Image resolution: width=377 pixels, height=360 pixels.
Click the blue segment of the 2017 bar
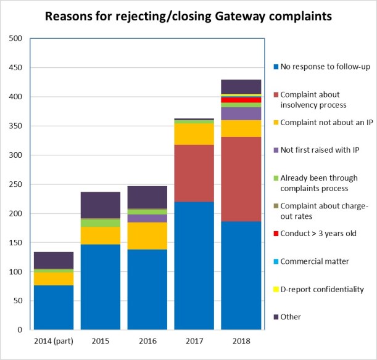point(194,265)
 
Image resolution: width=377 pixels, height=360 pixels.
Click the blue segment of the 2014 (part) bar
point(54,307)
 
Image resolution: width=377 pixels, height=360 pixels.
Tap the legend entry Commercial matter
point(314,261)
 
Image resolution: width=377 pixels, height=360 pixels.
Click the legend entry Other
point(290,317)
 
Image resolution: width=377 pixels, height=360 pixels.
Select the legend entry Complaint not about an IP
point(326,121)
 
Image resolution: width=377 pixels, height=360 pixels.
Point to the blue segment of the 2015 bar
point(100,287)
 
